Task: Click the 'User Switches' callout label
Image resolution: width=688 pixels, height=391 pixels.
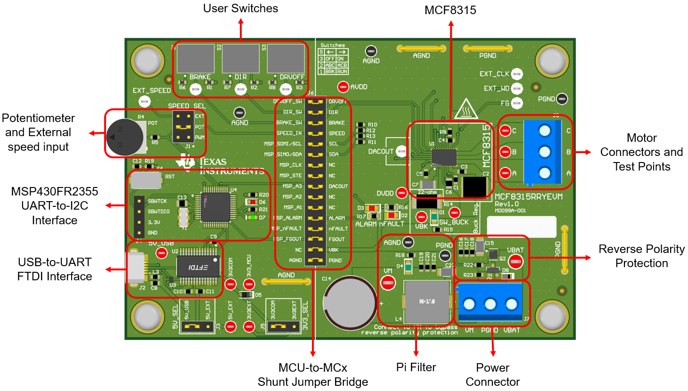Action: point(240,8)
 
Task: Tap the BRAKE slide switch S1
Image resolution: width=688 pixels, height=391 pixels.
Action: point(196,58)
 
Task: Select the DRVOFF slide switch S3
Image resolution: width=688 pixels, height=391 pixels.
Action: point(286,58)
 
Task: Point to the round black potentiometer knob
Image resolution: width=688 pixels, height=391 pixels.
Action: point(124,138)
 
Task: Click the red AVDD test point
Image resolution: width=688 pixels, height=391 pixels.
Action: point(343,87)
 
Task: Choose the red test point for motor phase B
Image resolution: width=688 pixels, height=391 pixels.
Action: point(505,152)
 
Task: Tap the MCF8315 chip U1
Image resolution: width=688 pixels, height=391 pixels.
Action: point(444,157)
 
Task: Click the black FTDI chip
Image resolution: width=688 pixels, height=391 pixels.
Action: point(198,267)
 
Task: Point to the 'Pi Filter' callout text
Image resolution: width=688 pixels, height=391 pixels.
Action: point(416,367)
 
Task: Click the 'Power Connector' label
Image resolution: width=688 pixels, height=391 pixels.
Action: point(492,375)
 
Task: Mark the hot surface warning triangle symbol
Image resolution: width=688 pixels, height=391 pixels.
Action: point(466,110)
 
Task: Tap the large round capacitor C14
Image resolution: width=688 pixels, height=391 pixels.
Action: point(350,302)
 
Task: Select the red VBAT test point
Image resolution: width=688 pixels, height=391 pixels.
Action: point(516,261)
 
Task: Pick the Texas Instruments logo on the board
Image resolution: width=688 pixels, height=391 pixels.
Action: point(186,162)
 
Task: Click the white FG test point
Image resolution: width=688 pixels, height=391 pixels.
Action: point(517,103)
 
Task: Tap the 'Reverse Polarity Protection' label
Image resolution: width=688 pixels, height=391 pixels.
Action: point(641,256)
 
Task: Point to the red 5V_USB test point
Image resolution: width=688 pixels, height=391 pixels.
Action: point(162,253)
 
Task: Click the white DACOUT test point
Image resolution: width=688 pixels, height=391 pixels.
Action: point(401,151)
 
